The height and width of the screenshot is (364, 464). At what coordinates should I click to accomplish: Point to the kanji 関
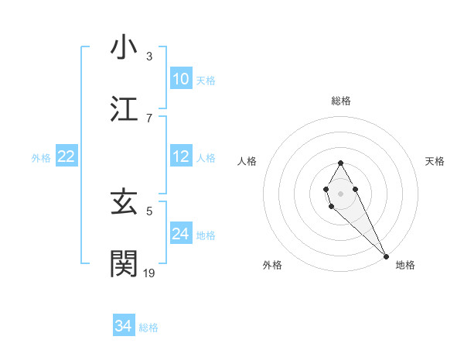(125, 263)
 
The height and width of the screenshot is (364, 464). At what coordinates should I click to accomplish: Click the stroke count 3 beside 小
(149, 57)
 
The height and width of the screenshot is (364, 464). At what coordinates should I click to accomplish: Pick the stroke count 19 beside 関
(149, 273)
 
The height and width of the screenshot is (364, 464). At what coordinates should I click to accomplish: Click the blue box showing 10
(180, 78)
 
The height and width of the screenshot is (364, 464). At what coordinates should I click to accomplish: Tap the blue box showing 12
(180, 157)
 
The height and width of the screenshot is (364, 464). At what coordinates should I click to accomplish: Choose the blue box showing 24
(180, 234)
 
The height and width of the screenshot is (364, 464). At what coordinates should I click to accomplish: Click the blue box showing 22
(67, 157)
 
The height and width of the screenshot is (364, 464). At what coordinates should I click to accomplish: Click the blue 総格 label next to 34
(148, 328)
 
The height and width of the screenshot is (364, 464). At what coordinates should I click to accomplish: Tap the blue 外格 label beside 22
(41, 158)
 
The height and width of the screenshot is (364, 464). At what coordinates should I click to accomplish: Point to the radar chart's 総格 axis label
(340, 101)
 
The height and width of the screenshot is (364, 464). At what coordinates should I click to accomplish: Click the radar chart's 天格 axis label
(435, 161)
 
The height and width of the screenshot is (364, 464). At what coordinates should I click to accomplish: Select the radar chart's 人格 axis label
(247, 161)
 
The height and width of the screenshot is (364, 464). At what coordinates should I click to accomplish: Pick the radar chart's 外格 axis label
(272, 265)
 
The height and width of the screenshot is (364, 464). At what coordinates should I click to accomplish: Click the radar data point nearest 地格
(385, 256)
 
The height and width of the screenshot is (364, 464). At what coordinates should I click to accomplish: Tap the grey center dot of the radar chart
(340, 192)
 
